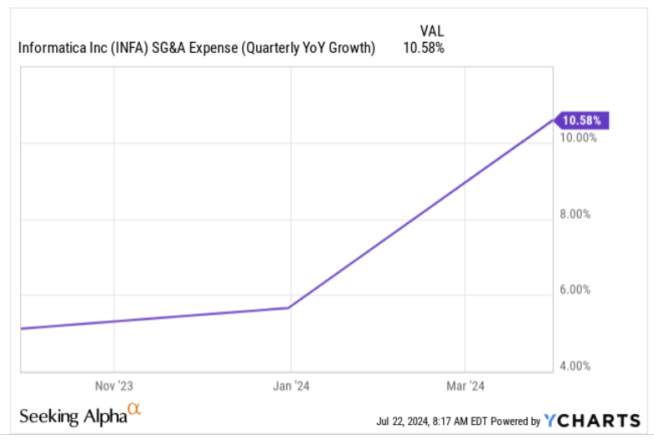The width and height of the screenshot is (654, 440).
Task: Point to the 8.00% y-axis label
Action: (x=577, y=214)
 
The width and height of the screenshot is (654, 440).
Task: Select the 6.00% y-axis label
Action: (x=577, y=290)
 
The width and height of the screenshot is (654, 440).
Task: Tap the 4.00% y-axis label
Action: (x=577, y=366)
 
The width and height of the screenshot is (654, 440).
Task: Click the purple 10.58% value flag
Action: (x=583, y=121)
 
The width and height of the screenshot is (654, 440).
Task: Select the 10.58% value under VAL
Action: (x=426, y=47)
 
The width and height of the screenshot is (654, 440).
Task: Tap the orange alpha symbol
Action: (x=134, y=410)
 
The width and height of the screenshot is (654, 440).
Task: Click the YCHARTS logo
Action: (x=591, y=421)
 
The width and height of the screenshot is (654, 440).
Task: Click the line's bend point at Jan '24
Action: (x=289, y=308)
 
